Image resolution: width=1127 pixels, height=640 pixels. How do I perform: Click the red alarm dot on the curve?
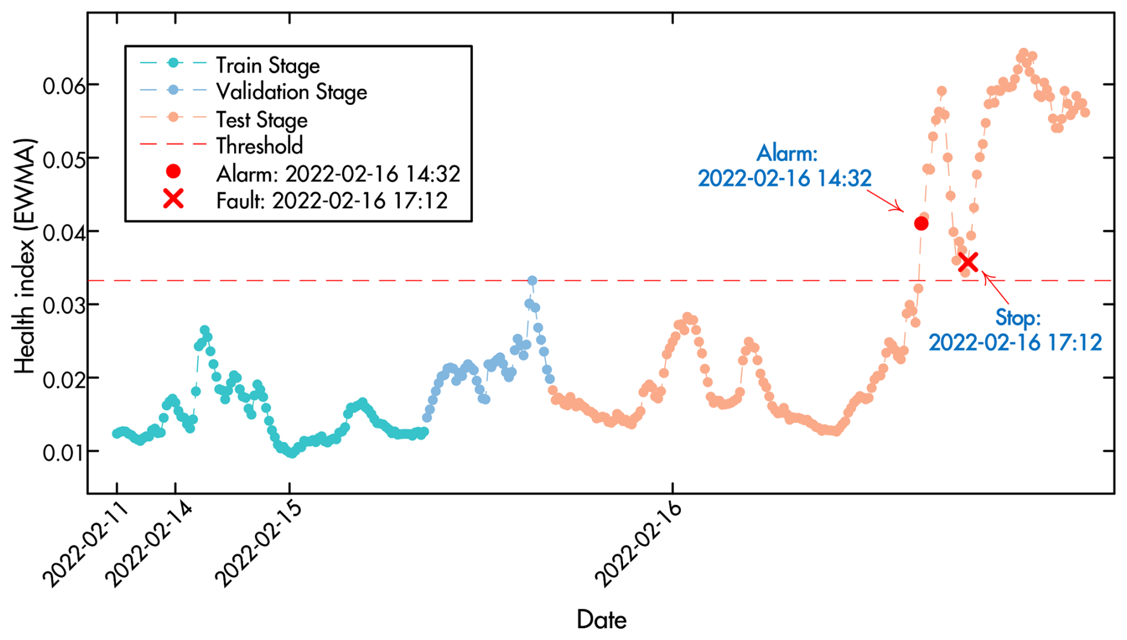pos(921,223)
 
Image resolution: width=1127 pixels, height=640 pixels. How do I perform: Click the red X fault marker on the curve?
pos(968,262)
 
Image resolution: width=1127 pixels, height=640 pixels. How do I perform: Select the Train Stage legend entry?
pos(267,65)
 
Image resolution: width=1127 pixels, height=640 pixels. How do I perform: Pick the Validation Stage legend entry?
pos(291,92)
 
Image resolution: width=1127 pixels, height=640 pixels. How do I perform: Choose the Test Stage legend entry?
pos(261,120)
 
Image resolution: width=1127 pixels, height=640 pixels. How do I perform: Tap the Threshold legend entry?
pos(259,146)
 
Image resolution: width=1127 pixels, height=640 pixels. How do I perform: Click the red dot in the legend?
pos(173,172)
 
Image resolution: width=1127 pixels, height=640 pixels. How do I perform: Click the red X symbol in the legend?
pos(173,199)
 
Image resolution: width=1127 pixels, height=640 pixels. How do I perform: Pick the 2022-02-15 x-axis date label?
pos(259,544)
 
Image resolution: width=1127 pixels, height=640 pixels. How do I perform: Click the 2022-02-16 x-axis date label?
pos(639,544)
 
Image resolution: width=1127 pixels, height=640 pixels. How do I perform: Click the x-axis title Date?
pos(601,620)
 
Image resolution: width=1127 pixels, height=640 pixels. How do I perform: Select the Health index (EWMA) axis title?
pos(25,256)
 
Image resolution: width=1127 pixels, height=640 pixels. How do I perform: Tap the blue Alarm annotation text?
pos(785,166)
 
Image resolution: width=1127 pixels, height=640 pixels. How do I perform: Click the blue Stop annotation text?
pos(1016,330)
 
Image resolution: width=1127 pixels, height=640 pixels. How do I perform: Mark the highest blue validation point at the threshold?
pos(532,280)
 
